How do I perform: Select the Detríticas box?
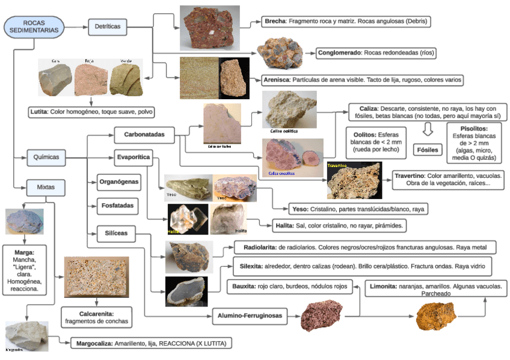(108, 26)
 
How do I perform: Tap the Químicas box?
(46, 157)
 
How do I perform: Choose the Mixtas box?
(46, 188)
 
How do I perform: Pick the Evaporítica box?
(133, 158)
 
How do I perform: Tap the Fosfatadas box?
(117, 206)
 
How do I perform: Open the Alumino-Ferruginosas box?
(248, 314)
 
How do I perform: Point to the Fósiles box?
(428, 149)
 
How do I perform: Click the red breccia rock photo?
(209, 28)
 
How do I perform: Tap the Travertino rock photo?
(354, 180)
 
